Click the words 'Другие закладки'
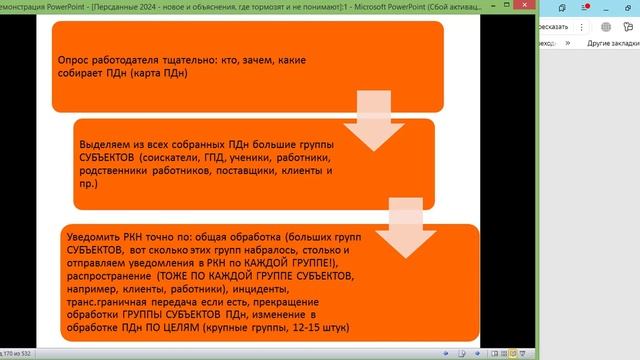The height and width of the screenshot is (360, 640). click(x=612, y=44)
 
